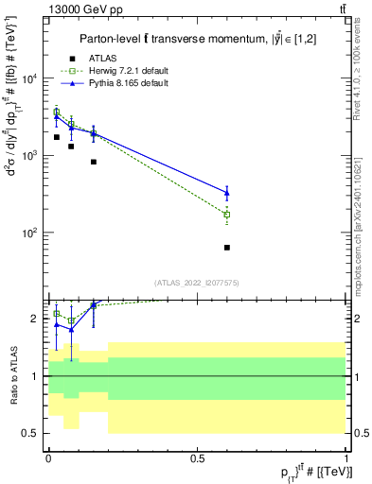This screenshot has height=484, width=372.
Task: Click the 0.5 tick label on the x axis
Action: point(197,458)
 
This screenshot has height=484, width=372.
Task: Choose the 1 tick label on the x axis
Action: point(346,458)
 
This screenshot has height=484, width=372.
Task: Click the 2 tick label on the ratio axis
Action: point(36,320)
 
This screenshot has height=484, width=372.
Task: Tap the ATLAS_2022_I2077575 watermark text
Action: point(198,282)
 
